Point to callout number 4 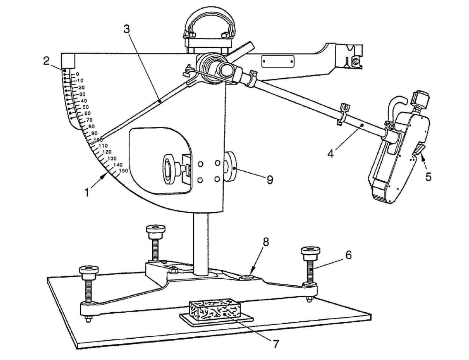click(330, 153)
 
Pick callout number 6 click(348, 255)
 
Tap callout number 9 click(269, 180)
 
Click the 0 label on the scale click(77, 74)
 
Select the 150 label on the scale click(123, 171)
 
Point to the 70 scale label click(89, 120)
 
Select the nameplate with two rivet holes click(278, 61)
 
